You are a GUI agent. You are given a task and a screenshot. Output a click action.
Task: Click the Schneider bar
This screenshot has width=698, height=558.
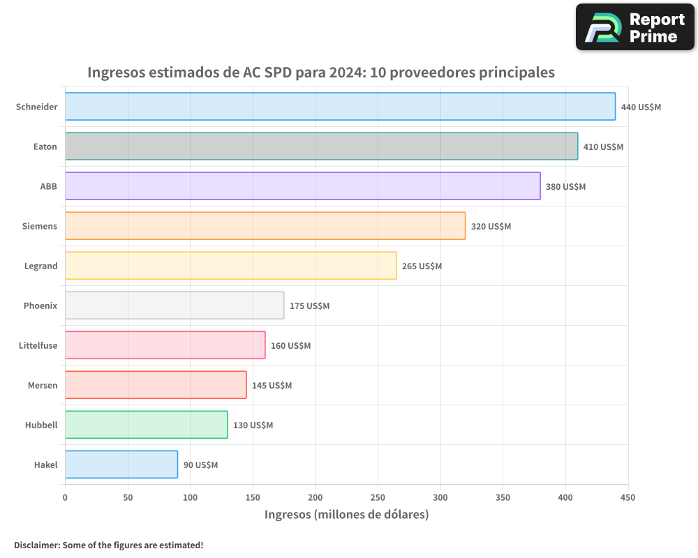click(x=340, y=107)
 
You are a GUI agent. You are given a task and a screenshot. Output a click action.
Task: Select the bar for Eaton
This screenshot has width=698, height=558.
click(x=321, y=146)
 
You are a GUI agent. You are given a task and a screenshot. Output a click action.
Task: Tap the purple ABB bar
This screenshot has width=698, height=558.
click(x=302, y=186)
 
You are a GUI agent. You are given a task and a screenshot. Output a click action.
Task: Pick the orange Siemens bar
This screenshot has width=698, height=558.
click(x=265, y=226)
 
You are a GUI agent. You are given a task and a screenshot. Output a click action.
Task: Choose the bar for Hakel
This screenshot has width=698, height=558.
click(x=121, y=465)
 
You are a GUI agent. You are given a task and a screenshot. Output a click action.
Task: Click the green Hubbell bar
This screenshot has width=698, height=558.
click(x=147, y=425)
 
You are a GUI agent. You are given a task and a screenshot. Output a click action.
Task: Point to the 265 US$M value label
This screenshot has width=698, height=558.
click(x=422, y=266)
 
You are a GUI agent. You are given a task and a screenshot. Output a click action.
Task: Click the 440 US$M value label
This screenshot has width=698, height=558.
click(x=641, y=107)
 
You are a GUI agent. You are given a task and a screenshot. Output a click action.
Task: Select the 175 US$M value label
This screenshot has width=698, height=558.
click(x=309, y=306)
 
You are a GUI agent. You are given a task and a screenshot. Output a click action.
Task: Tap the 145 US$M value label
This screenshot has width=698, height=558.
click(x=272, y=386)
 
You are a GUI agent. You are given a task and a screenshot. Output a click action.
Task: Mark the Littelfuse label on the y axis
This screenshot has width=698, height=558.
click(x=38, y=345)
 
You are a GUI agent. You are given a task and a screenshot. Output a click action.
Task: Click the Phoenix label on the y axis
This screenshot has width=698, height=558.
click(x=40, y=306)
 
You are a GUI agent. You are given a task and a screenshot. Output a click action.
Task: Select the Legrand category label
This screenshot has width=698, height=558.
click(x=40, y=266)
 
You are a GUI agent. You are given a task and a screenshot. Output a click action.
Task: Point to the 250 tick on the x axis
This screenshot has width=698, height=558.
click(x=378, y=497)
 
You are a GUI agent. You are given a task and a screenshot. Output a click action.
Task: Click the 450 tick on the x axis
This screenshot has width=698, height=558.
click(x=628, y=497)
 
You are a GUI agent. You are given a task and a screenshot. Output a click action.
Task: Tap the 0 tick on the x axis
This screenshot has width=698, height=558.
click(x=65, y=497)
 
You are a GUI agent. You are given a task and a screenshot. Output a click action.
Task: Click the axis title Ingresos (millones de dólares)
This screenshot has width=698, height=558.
click(x=346, y=515)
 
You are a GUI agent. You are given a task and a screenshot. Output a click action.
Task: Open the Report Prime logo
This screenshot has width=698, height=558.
click(x=634, y=27)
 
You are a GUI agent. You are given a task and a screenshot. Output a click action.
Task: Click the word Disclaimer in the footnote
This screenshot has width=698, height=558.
click(x=36, y=545)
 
